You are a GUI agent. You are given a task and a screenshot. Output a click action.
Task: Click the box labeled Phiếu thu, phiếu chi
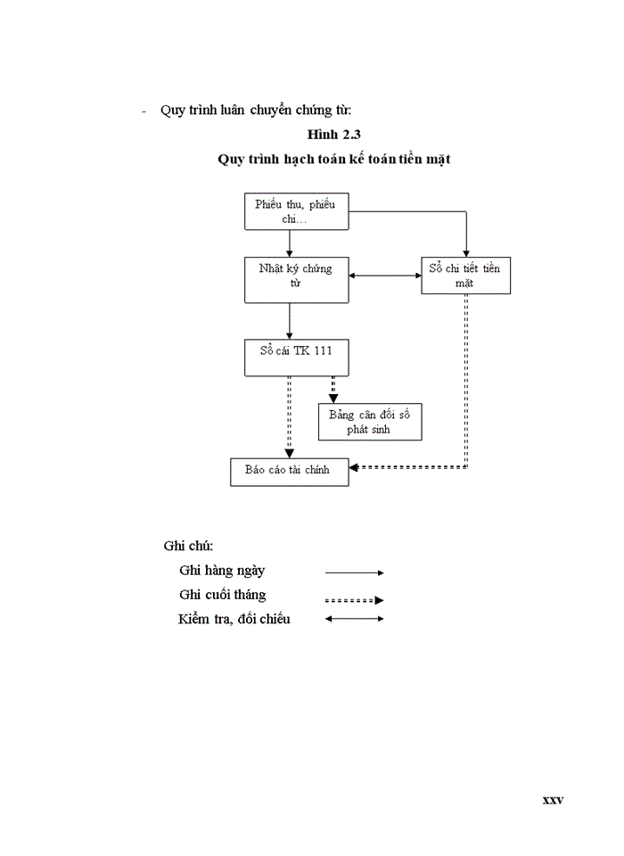[x=295, y=212]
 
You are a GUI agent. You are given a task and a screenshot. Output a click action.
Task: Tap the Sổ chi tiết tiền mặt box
[x=465, y=276]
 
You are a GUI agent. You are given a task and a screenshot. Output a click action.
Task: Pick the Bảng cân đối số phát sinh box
[x=369, y=422]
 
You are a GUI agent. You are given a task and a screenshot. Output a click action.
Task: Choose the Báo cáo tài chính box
[x=289, y=471]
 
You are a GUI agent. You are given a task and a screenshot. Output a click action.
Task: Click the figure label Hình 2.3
[x=333, y=135]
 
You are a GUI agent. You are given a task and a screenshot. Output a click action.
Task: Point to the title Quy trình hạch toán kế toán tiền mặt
[x=334, y=160]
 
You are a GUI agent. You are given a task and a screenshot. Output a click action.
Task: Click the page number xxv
[x=553, y=800]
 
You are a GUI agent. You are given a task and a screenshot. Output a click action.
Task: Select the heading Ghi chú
[x=188, y=546]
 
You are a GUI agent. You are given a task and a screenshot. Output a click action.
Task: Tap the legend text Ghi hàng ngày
[x=222, y=571]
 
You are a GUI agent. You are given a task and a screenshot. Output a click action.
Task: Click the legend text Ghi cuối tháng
[x=222, y=595]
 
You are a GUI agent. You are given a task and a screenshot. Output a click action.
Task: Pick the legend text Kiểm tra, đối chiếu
[x=234, y=619]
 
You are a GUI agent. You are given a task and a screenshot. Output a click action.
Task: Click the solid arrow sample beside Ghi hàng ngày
[x=354, y=572]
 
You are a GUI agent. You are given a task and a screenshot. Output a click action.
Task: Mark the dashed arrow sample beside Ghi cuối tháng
[x=354, y=600]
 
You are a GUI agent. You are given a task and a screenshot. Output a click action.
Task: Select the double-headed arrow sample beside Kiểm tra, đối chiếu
[x=354, y=619]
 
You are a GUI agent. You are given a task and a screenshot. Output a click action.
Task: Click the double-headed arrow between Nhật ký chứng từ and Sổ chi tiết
[x=384, y=276]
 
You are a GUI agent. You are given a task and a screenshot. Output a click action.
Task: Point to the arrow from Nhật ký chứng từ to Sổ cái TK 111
[x=290, y=321]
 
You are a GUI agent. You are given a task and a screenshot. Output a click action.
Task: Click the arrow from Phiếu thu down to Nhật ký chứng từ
[x=290, y=243]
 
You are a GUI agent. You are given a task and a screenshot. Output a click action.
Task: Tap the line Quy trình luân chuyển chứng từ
[x=256, y=111]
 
